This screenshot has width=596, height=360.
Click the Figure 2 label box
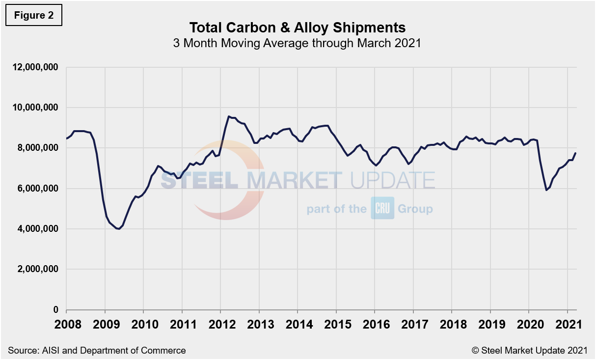pyautogui.click(x=34, y=15)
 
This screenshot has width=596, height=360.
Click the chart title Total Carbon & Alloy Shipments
pyautogui.click(x=298, y=27)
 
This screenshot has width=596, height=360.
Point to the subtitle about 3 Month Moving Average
pyautogui.click(x=298, y=43)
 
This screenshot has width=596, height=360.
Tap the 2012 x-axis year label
pyautogui.click(x=220, y=325)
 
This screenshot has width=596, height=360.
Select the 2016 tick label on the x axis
pyautogui.click(x=375, y=325)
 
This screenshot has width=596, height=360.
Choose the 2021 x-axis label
pyautogui.click(x=568, y=325)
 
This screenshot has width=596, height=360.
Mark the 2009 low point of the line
pyautogui.click(x=119, y=229)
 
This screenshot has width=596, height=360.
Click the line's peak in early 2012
pyautogui.click(x=229, y=116)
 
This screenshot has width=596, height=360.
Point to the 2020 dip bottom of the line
pyautogui.click(x=546, y=190)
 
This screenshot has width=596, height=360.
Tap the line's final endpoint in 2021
pyautogui.click(x=576, y=153)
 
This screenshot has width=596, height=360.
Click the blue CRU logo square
pyautogui.click(x=382, y=208)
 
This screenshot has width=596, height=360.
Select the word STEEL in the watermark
pyautogui.click(x=199, y=180)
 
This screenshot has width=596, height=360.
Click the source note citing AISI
pyautogui.click(x=97, y=350)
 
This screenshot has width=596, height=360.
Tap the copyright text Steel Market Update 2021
pyautogui.click(x=529, y=350)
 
